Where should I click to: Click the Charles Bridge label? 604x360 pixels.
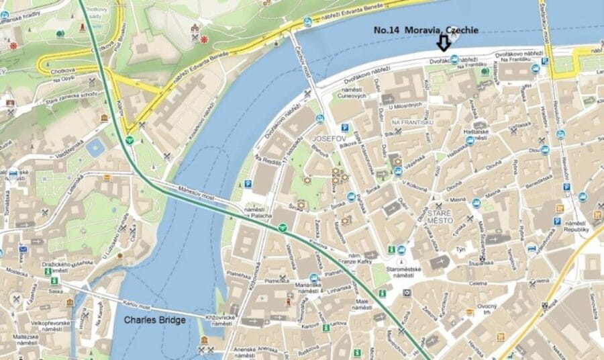[x=154, y=320]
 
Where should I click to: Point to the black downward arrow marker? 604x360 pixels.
[x=443, y=44]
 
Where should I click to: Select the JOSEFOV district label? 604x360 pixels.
[x=328, y=138]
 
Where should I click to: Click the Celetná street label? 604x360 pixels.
[x=479, y=283]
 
